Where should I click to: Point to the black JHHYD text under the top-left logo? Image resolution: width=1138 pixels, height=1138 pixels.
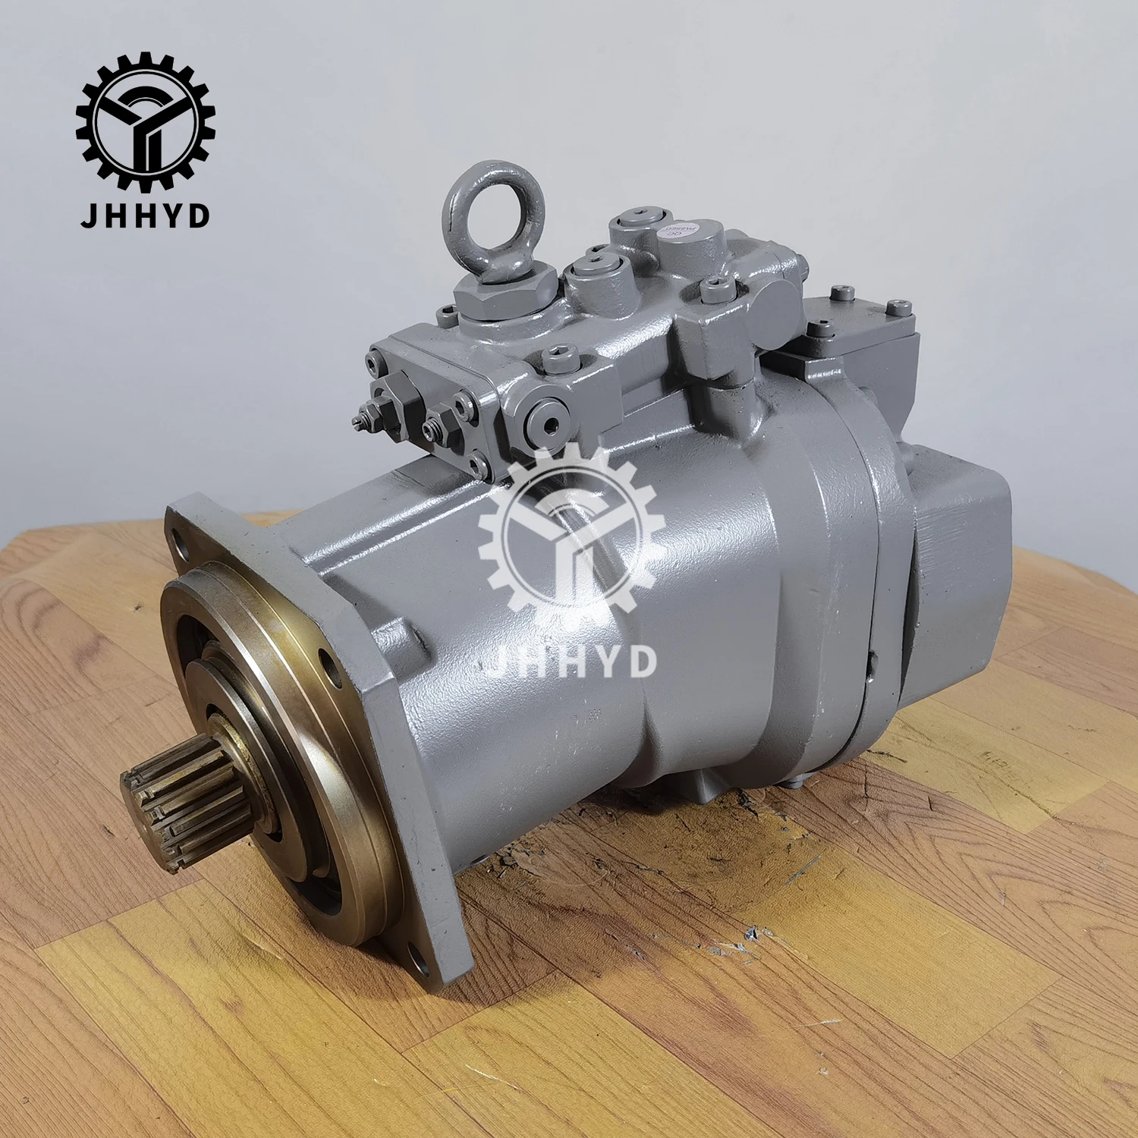(x=145, y=215)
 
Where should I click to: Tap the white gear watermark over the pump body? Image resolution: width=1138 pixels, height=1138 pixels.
(x=571, y=531)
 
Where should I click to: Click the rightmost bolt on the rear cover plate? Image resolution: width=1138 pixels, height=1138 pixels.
(x=900, y=307)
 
